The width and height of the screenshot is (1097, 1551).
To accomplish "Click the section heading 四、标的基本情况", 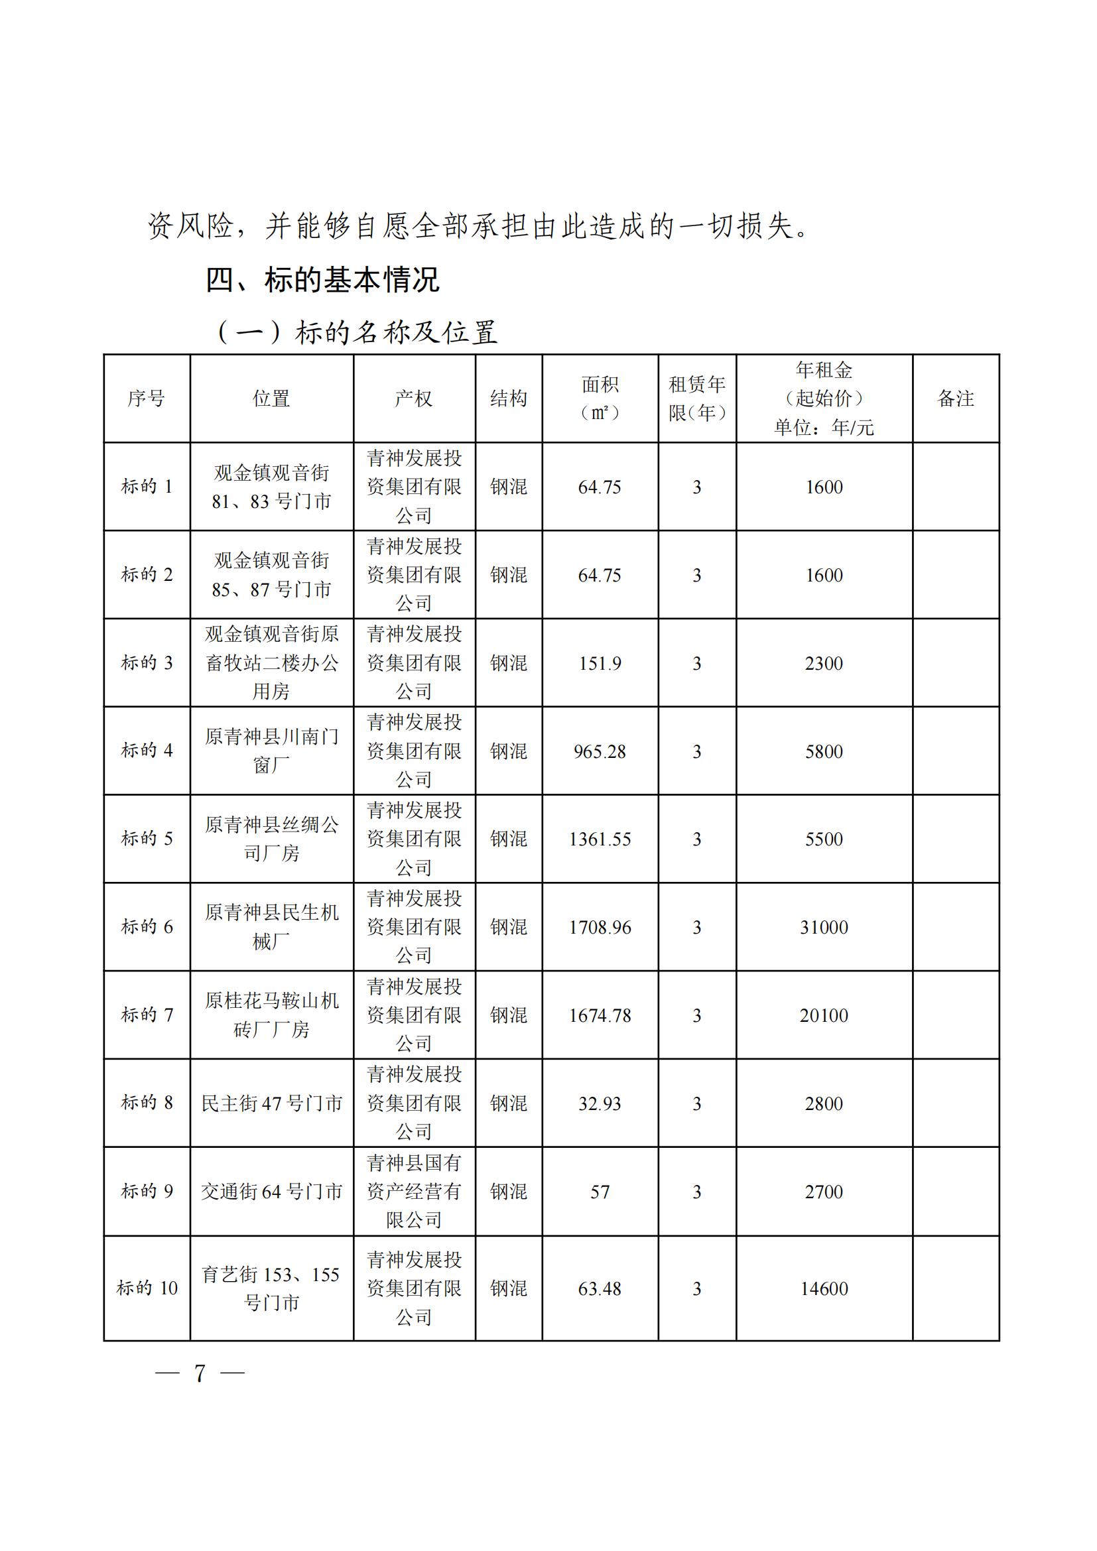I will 322,279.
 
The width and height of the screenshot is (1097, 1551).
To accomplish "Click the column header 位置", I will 271,399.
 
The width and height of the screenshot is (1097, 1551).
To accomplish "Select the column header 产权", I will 413,399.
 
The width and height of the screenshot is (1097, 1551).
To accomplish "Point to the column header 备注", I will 955,399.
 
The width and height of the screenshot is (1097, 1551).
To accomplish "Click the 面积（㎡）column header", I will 600,399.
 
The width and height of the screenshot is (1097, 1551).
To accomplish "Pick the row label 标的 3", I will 147,662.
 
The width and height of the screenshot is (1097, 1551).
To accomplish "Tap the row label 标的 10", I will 147,1288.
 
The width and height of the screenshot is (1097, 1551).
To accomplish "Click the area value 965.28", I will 600,751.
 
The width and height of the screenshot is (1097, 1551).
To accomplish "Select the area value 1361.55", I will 600,839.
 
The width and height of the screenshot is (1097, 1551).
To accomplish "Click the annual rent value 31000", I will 824,927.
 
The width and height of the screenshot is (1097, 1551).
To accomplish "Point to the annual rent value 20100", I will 824,1015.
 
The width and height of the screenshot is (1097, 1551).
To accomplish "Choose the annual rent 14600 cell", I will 824,1288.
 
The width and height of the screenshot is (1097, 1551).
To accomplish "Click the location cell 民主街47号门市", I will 271,1104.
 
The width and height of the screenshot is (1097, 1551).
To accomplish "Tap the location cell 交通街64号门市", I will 271,1192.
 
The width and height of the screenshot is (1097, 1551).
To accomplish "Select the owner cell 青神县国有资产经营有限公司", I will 413,1192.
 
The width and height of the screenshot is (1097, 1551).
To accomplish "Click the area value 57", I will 600,1192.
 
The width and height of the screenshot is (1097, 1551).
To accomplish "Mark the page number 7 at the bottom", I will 199,1373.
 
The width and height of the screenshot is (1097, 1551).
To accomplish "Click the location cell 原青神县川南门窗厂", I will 271,751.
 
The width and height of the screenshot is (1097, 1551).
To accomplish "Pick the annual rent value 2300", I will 824,663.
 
